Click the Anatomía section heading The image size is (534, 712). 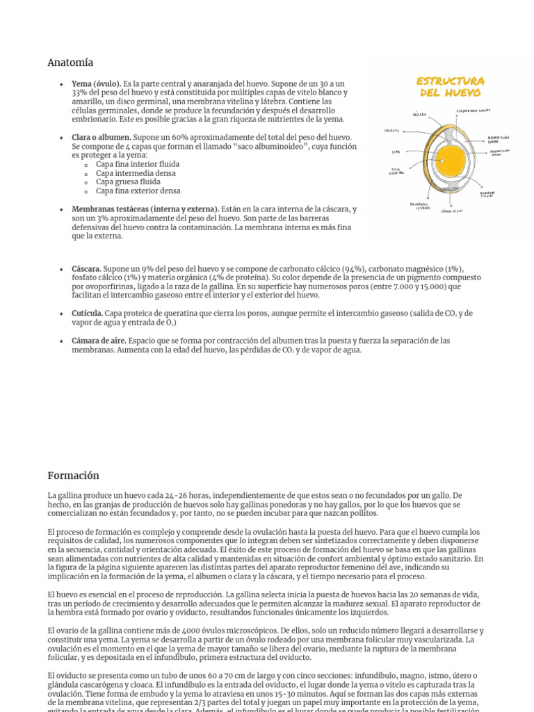click(70, 63)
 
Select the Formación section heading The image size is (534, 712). click(73, 476)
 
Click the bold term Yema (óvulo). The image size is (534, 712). click(96, 84)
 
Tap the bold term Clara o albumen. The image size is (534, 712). click(102, 138)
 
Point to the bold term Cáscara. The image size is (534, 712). click(86, 268)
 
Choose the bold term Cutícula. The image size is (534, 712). click(87, 314)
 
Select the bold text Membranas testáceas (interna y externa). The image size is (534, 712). click(145, 209)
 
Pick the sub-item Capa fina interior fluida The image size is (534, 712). click(138, 165)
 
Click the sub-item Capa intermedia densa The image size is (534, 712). click(136, 173)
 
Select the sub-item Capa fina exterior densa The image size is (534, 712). click(138, 191)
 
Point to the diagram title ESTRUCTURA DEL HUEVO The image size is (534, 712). click(451, 87)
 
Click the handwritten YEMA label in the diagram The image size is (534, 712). click(396, 151)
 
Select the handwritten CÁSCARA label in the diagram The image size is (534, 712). click(419, 115)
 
